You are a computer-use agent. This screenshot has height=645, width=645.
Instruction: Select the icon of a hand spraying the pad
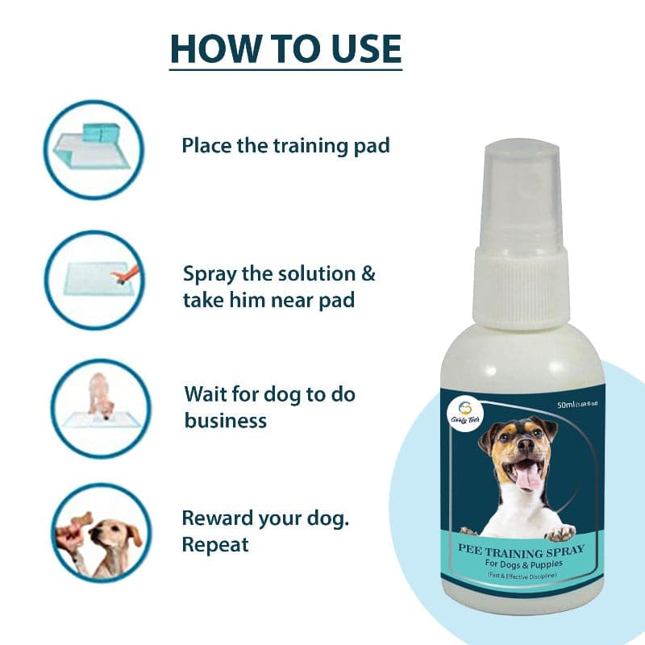pyautogui.click(x=94, y=279)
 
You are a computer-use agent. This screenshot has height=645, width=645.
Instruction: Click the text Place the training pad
pyautogui.click(x=285, y=145)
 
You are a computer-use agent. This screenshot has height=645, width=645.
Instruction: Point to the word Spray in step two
pyautogui.click(x=212, y=274)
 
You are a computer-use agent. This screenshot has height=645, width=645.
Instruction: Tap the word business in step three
pyautogui.click(x=225, y=420)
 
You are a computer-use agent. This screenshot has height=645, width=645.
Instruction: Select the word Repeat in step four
pyautogui.click(x=215, y=544)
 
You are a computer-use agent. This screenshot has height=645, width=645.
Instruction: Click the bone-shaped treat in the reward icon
pyautogui.click(x=81, y=520)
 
